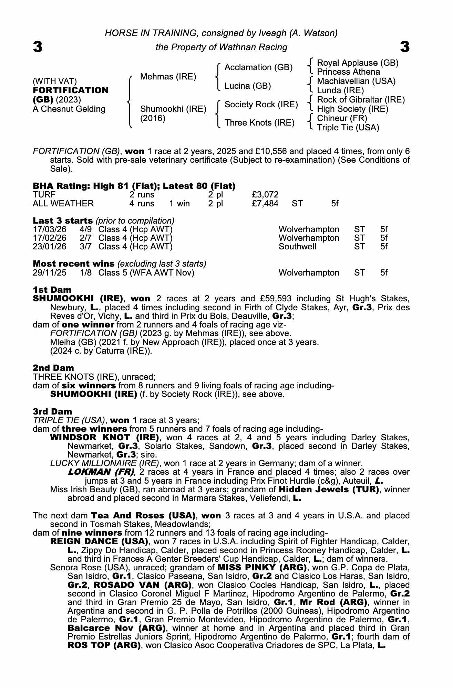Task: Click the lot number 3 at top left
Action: tap(38, 47)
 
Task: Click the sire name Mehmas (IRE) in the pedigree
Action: tap(168, 77)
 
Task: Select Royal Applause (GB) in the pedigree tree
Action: tap(358, 63)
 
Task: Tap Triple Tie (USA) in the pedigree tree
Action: tap(348, 128)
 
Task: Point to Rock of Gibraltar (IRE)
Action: tap(361, 100)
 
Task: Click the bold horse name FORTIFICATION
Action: tap(71, 90)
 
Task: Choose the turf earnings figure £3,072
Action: tap(265, 195)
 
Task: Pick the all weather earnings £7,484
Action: tap(265, 204)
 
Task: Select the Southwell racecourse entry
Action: tap(297, 247)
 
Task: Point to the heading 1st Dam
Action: tap(52, 290)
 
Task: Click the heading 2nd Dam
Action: tap(53, 368)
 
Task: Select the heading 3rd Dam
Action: tap(52, 411)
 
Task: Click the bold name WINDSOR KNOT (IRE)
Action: tap(104, 438)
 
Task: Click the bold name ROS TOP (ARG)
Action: tap(104, 645)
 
